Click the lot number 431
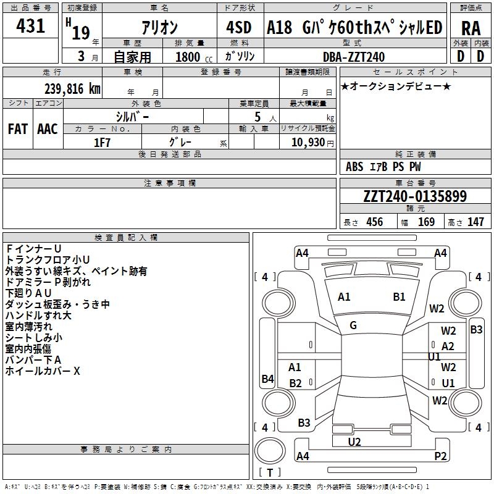click(30, 25)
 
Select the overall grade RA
click(471, 28)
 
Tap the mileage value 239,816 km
click(72, 89)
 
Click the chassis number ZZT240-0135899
click(415, 196)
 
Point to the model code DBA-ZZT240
click(354, 57)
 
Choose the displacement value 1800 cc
click(194, 57)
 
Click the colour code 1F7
click(102, 143)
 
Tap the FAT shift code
click(18, 129)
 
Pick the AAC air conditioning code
click(48, 129)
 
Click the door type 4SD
click(239, 27)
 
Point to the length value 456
click(375, 222)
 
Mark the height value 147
click(475, 222)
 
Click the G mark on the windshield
click(353, 325)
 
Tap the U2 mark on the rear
click(354, 442)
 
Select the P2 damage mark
click(440, 456)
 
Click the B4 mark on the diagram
click(268, 379)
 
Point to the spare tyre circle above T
click(270, 451)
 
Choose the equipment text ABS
click(354, 167)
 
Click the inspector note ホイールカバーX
click(43, 371)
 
